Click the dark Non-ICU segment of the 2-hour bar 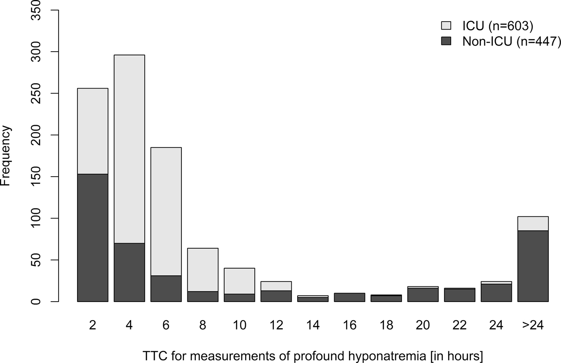click(x=92, y=237)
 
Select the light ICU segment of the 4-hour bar click(x=129, y=148)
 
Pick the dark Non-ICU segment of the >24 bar click(x=533, y=266)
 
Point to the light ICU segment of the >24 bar click(x=533, y=224)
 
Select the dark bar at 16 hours click(x=349, y=297)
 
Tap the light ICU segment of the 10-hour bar click(x=239, y=281)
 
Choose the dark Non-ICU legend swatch click(x=446, y=41)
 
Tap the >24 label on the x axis click(x=533, y=325)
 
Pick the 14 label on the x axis click(x=313, y=325)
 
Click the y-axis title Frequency click(x=6, y=155)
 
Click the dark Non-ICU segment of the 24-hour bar click(x=496, y=293)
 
